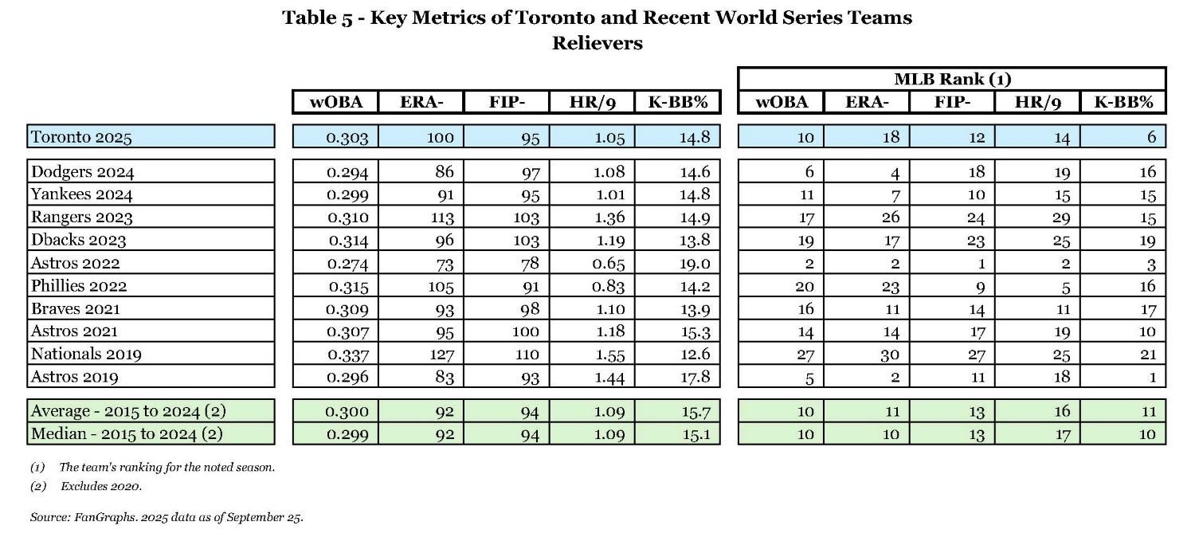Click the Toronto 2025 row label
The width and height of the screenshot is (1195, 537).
(x=81, y=137)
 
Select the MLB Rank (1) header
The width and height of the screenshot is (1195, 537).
(x=951, y=79)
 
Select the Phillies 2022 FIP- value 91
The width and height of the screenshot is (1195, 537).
(x=527, y=286)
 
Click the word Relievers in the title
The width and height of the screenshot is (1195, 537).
(x=597, y=43)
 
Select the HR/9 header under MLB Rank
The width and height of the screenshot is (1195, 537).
(x=1037, y=102)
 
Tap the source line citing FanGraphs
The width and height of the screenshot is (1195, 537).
(x=167, y=517)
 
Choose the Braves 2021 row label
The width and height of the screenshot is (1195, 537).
(x=76, y=309)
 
